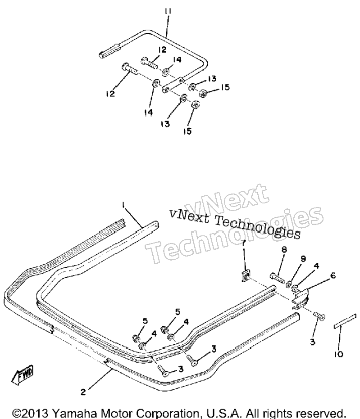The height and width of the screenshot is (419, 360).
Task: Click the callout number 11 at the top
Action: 168,11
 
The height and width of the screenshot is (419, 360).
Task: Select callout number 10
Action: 338,354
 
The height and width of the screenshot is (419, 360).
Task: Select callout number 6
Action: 333,275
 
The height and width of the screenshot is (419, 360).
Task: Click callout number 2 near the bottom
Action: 83,392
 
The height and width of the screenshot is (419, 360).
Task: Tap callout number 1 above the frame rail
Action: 123,205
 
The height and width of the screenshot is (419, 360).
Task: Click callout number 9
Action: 303,259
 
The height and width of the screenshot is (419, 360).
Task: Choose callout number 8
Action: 284,250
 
